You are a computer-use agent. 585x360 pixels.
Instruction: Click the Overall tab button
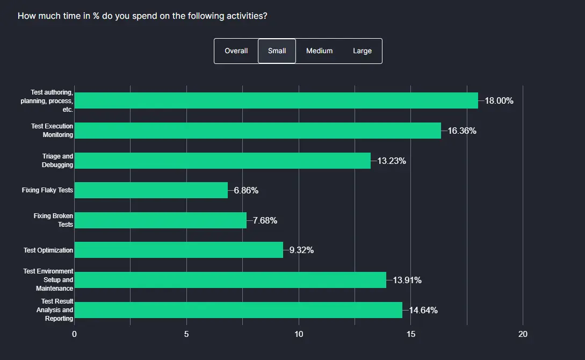(236, 51)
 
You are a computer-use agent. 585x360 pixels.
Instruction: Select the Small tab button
(277, 51)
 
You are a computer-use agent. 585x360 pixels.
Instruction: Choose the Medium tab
(319, 51)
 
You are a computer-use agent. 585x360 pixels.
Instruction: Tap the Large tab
(362, 51)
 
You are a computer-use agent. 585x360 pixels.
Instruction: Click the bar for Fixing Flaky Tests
(151, 190)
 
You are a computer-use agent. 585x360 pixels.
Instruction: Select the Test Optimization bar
(178, 250)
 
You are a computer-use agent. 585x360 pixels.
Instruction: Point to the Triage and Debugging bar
(222, 161)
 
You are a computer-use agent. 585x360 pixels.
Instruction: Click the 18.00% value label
(499, 100)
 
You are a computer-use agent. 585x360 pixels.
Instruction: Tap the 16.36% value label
(462, 131)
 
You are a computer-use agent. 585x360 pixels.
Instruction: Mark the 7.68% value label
(265, 220)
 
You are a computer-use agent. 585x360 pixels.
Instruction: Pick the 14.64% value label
(423, 310)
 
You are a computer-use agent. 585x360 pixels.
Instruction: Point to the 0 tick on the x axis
(74, 334)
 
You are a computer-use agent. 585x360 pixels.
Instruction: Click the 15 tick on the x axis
(411, 334)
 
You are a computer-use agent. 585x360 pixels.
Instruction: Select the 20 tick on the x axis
(523, 334)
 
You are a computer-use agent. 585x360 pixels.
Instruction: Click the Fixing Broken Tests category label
(53, 220)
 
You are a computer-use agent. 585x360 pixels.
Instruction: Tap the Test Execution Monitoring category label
(52, 131)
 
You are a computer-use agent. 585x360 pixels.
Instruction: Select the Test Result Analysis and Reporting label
(55, 310)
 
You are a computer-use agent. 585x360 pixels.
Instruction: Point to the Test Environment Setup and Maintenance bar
(230, 280)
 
